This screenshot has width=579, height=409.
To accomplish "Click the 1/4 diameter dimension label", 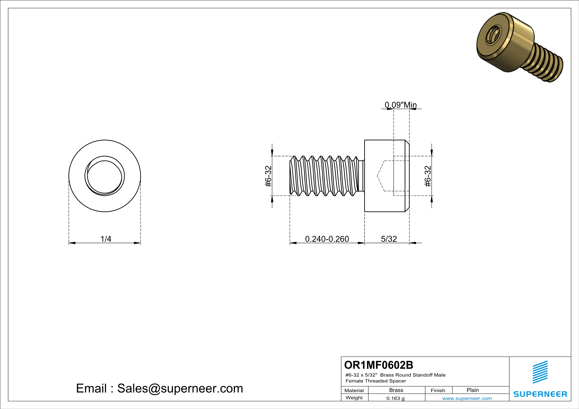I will pyautogui.click(x=106, y=239).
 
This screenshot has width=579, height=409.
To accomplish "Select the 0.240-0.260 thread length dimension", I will pyautogui.click(x=327, y=239).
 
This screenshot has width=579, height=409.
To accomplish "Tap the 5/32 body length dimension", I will pyautogui.click(x=389, y=239).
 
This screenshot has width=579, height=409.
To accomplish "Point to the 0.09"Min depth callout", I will pyautogui.click(x=401, y=105).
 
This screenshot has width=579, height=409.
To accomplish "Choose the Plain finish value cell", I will pyautogui.click(x=473, y=390).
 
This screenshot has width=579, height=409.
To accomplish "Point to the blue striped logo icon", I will pyautogui.click(x=540, y=372).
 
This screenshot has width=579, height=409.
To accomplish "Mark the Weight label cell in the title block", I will pyautogui.click(x=354, y=398).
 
